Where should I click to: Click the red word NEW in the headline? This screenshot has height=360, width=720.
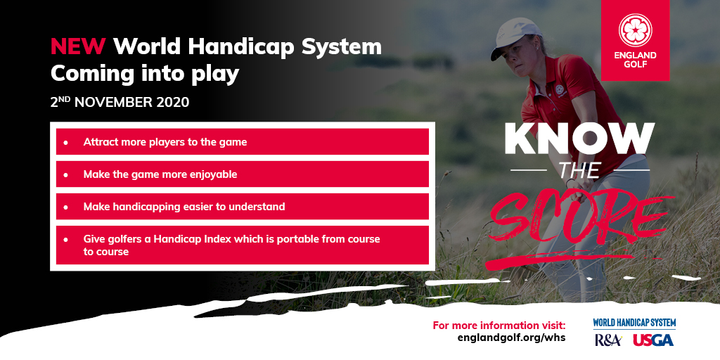78,47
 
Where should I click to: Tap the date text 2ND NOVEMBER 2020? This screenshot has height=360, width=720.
120,102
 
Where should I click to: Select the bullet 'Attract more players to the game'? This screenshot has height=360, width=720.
165,142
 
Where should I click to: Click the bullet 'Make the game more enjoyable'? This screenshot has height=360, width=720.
160,174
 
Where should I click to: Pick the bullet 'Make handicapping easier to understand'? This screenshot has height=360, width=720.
184,207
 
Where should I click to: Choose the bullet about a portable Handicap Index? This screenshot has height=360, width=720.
231,245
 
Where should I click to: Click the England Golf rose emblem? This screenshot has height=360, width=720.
635,30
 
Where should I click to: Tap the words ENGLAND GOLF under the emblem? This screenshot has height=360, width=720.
635,60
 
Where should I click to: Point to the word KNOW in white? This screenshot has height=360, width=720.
579,140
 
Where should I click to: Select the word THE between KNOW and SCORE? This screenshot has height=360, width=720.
579,170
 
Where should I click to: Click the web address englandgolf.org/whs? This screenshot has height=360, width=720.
511,338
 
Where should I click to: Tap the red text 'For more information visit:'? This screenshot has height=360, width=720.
499,326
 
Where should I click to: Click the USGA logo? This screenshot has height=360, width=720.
653,340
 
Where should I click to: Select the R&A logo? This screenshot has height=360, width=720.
607,340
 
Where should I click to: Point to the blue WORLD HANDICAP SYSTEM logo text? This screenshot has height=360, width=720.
634,323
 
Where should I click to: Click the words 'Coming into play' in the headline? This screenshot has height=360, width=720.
145,72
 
